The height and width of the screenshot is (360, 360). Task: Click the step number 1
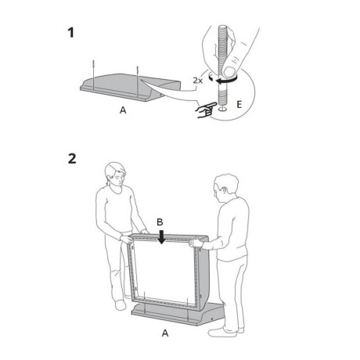tap(71, 33)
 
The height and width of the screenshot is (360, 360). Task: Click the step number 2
tap(72, 158)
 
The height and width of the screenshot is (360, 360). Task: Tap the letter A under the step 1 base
tap(123, 110)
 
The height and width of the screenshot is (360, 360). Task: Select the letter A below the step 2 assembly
tap(165, 333)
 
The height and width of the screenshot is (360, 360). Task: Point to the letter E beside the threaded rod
tap(239, 105)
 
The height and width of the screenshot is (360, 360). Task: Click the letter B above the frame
tap(160, 222)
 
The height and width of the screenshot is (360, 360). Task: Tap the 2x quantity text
tap(198, 81)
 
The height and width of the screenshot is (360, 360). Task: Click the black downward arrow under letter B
tap(162, 237)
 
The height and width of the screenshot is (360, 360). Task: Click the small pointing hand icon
tap(206, 110)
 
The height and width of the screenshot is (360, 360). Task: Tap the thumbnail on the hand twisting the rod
tap(231, 71)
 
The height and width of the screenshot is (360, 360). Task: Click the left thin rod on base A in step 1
tap(93, 74)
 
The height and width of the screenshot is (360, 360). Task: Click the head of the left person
tap(115, 174)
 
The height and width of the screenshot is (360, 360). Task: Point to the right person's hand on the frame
tap(196, 242)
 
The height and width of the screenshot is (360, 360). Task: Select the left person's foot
tap(121, 304)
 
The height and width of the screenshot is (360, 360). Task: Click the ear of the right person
tap(224, 191)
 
